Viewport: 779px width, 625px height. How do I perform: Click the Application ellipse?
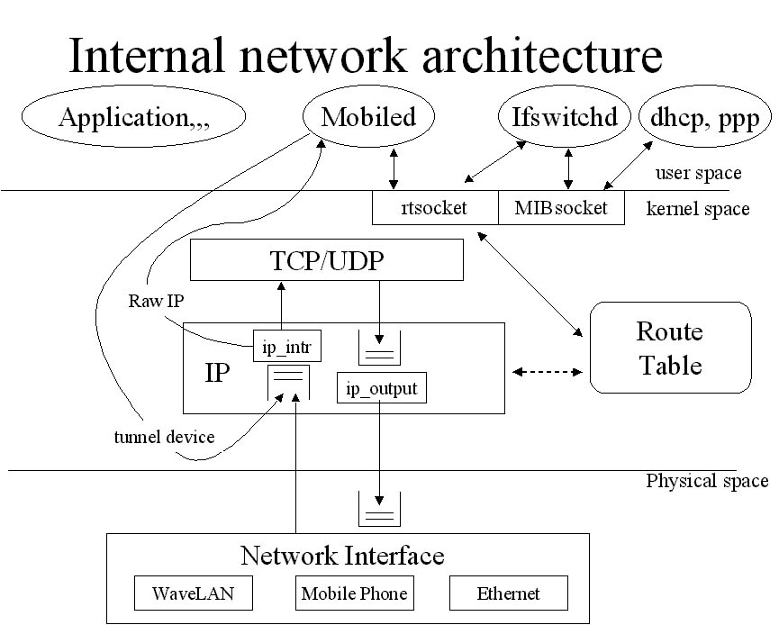click(134, 117)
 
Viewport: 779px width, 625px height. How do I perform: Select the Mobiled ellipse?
click(368, 117)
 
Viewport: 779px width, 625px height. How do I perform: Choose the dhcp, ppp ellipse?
click(705, 117)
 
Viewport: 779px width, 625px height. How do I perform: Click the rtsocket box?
click(434, 208)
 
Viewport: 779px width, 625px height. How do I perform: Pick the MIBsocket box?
click(561, 208)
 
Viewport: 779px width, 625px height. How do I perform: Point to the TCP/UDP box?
click(326, 261)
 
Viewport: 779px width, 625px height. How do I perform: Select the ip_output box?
click(381, 388)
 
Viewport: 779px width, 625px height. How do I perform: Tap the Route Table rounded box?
click(669, 347)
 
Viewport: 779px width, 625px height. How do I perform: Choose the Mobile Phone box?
click(354, 593)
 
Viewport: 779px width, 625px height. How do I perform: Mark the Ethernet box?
click(509, 593)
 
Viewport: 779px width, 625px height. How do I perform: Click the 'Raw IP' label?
click(157, 300)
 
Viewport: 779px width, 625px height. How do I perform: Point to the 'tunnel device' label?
click(164, 438)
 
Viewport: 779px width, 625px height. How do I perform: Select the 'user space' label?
click(699, 173)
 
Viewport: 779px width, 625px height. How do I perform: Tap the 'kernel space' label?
click(698, 209)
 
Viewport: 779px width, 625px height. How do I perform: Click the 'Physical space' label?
click(707, 481)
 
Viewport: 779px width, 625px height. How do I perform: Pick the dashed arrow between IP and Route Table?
click(547, 370)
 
